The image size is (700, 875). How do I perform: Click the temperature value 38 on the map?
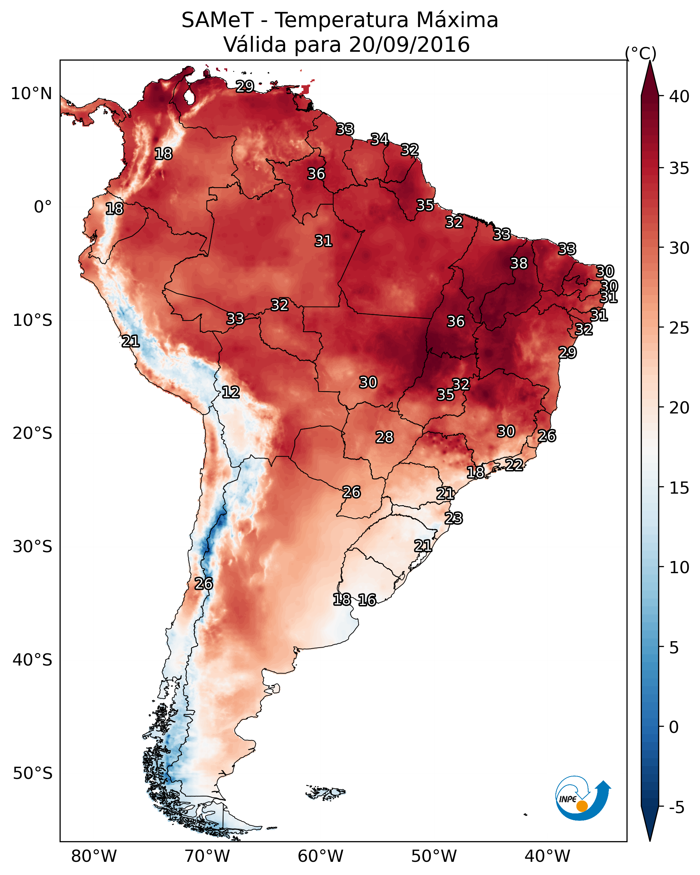click(519, 263)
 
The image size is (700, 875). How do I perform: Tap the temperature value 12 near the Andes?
click(230, 392)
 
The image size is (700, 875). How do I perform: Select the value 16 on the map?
click(367, 600)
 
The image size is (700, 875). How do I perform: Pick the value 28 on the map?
click(384, 437)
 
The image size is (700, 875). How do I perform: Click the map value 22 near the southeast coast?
click(514, 465)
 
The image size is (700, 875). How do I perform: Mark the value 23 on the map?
click(453, 518)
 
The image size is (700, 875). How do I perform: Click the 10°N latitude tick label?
click(31, 94)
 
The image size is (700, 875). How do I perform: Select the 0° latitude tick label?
click(43, 207)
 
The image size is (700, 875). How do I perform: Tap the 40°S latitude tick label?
click(33, 660)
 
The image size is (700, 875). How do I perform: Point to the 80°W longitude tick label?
click(94, 856)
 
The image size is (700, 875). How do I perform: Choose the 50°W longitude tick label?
click(434, 856)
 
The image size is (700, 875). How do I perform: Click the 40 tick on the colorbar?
click(679, 96)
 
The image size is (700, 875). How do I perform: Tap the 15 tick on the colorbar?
click(679, 488)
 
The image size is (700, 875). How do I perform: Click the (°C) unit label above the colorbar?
click(641, 53)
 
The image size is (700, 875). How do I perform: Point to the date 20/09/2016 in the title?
click(409, 44)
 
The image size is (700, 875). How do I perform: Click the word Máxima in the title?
click(457, 20)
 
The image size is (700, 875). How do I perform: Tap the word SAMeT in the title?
click(218, 20)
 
